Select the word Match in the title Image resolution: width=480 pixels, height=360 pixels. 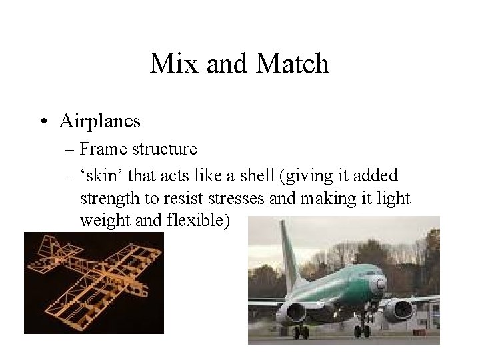pos(293,65)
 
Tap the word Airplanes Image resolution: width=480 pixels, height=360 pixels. pos(100,121)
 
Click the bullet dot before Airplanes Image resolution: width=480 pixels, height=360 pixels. pos(43,121)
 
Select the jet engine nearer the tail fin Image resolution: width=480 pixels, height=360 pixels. pos(294,312)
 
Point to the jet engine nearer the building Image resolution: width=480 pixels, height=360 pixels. pos(401,309)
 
